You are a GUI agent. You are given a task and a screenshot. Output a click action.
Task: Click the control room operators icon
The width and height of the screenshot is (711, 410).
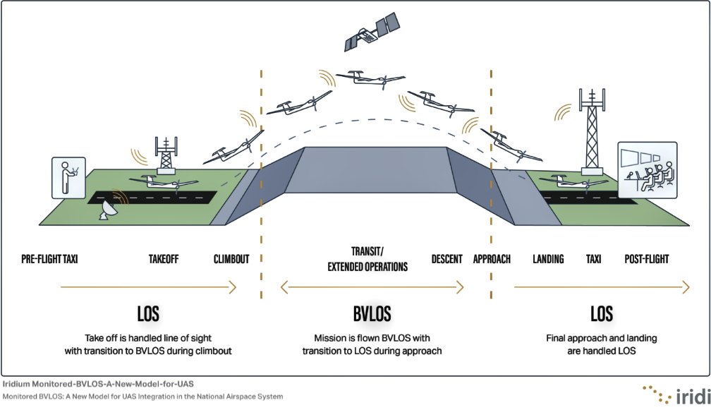pos(647,167)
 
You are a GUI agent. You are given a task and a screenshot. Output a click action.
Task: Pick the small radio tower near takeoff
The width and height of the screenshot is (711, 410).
pos(166,155)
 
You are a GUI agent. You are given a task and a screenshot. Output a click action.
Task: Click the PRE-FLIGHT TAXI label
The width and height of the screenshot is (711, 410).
pos(49,259)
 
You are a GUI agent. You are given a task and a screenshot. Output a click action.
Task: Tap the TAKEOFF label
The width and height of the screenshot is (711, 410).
pos(164,259)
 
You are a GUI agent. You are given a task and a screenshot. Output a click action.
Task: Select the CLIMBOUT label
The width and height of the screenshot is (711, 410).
pos(231,259)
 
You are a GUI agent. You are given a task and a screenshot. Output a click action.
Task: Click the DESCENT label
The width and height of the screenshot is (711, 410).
pos(446,259)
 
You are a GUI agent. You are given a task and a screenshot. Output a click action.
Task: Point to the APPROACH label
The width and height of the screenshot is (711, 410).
pos(492,259)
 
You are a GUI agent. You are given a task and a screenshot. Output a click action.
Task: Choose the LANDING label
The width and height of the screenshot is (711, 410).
pos(548,259)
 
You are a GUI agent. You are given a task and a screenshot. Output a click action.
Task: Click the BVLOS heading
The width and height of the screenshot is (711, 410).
pos(372,313)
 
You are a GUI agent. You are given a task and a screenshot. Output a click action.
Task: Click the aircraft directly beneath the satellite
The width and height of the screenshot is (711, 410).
pos(370,79)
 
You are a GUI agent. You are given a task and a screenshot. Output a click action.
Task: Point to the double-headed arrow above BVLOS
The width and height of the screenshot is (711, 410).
pos(372,287)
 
